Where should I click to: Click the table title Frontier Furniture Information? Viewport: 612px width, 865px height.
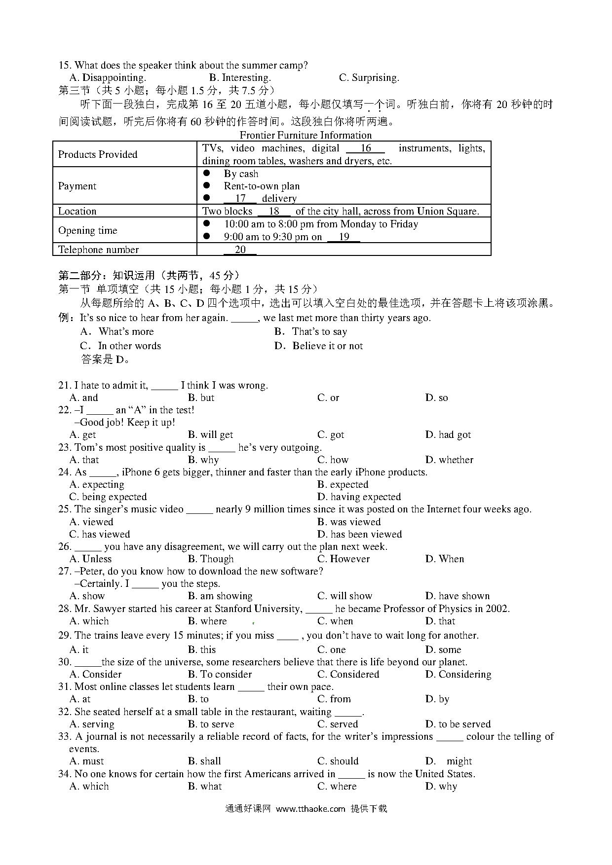[306, 135]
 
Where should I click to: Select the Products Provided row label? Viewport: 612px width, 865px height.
[98, 154]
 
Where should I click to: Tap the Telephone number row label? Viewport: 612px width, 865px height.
[98, 250]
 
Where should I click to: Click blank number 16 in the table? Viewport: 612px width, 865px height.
[365, 148]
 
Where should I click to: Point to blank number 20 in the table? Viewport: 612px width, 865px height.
[240, 250]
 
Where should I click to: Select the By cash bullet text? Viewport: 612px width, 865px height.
[241, 174]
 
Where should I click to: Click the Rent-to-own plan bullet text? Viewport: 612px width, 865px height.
[262, 186]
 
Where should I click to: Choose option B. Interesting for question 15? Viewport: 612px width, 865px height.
[240, 77]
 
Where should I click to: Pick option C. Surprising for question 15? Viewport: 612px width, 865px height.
[369, 77]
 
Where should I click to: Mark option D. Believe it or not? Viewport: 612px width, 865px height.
[318, 346]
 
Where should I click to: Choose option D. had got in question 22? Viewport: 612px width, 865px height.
[448, 434]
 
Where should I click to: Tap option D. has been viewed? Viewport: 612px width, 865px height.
[359, 534]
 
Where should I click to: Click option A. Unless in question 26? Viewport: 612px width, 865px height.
[90, 559]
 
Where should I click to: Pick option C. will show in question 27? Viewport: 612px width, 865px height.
[344, 596]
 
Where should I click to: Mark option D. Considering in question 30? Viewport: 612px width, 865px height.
[458, 674]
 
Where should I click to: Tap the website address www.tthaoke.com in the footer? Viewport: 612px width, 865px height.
[310, 809]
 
